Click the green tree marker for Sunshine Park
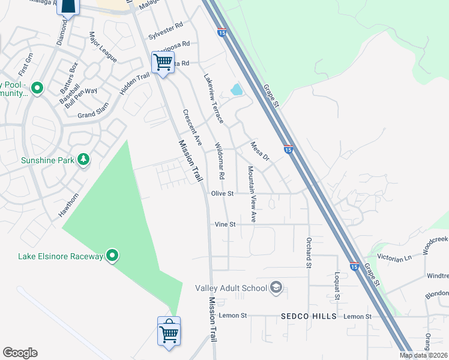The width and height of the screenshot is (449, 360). point(84,159)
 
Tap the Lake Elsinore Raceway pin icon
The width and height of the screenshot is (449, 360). point(112,256)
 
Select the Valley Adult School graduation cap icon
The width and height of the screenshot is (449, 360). point(276,287)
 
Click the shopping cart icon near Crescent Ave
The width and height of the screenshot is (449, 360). point(163,62)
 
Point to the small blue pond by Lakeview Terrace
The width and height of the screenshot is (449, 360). point(237,90)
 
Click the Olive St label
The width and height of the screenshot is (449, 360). point(221,193)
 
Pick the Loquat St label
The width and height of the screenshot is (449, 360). point(337,284)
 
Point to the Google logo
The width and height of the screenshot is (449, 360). point(20,353)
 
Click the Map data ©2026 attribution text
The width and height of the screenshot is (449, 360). point(423,355)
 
